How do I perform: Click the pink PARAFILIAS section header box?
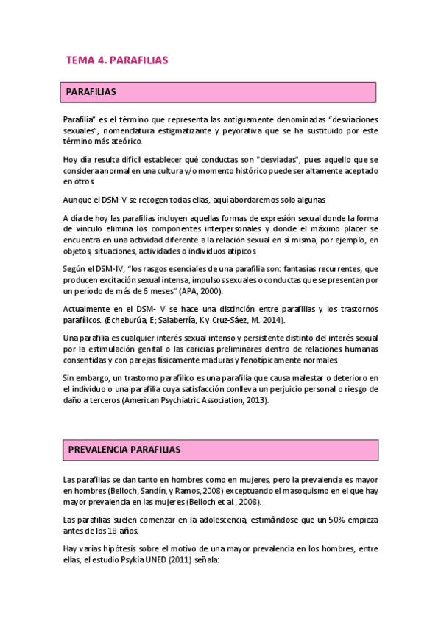(219, 92)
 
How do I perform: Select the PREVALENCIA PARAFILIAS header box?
(221, 449)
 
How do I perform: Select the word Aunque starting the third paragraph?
(77, 200)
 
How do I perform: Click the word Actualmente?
(88, 310)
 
